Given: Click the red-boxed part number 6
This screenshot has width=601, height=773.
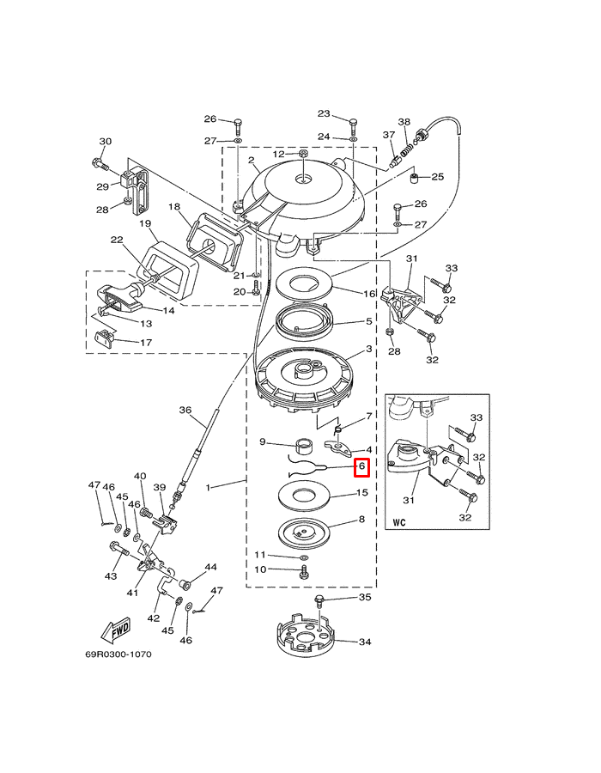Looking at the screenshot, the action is click(x=361, y=466).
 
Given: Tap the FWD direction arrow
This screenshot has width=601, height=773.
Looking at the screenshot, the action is click(x=115, y=631).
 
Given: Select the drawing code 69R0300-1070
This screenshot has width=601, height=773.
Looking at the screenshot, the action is click(x=118, y=654).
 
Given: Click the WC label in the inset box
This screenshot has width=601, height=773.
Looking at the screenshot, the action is click(x=399, y=522).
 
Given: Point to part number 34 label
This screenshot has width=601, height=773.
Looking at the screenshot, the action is click(x=365, y=642).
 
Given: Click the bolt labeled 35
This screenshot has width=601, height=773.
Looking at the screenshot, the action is click(x=319, y=601).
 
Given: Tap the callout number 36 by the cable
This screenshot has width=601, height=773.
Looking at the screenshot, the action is click(x=185, y=411).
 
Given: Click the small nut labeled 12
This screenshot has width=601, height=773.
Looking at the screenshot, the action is click(x=303, y=155).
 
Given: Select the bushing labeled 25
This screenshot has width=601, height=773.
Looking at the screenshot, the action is click(x=416, y=178).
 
